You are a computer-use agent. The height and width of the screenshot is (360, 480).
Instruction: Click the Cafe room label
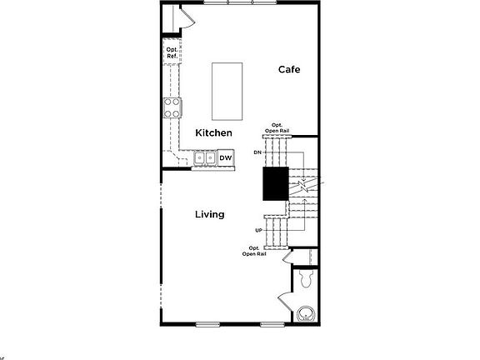(x=288, y=70)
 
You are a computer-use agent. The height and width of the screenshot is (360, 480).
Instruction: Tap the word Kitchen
(x=213, y=133)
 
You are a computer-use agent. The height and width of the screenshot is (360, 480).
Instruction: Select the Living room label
(x=209, y=214)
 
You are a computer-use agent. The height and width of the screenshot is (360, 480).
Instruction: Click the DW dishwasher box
(x=226, y=157)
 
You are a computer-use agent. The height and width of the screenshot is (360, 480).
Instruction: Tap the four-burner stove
(x=172, y=107)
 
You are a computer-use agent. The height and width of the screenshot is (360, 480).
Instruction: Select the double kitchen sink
(x=204, y=157)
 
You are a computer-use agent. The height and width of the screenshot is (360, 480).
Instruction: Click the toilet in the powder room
(x=303, y=275)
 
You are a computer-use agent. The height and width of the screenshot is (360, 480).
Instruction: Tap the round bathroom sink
(x=306, y=314)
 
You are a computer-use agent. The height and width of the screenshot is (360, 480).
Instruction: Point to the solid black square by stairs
(x=275, y=183)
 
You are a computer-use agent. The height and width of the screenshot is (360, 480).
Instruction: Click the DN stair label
(x=258, y=152)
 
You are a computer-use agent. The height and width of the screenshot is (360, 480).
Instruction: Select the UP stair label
(x=259, y=230)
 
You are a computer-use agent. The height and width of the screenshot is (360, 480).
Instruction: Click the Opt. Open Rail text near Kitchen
(x=277, y=128)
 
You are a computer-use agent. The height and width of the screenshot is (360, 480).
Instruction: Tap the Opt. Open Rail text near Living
(x=254, y=251)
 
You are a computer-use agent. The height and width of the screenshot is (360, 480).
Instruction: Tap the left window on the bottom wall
(x=208, y=323)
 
